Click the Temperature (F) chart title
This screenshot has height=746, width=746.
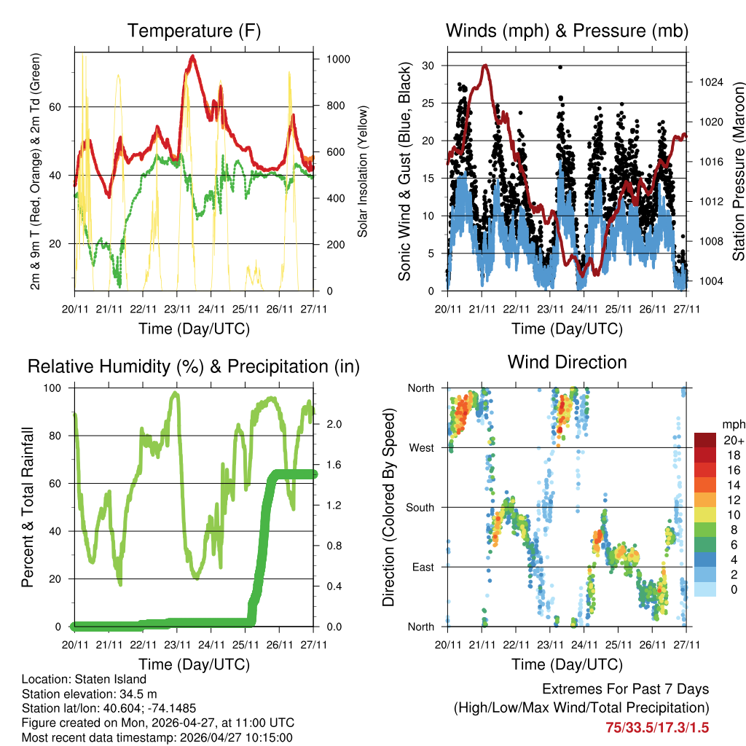click(x=194, y=31)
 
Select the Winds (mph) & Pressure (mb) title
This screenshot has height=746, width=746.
click(x=567, y=31)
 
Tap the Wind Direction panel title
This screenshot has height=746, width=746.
click(x=567, y=362)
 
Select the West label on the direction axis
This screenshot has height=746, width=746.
click(x=421, y=447)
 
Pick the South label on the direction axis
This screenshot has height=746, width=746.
click(x=420, y=507)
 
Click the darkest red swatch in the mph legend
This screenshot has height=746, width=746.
click(x=706, y=440)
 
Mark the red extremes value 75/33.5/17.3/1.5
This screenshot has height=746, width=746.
click(x=657, y=727)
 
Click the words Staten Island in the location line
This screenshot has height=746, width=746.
click(x=104, y=679)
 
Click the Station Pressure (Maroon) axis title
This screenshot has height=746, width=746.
click(x=738, y=171)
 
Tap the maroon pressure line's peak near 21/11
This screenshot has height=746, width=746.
click(x=485, y=65)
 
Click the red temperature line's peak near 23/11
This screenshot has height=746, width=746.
click(x=192, y=55)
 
